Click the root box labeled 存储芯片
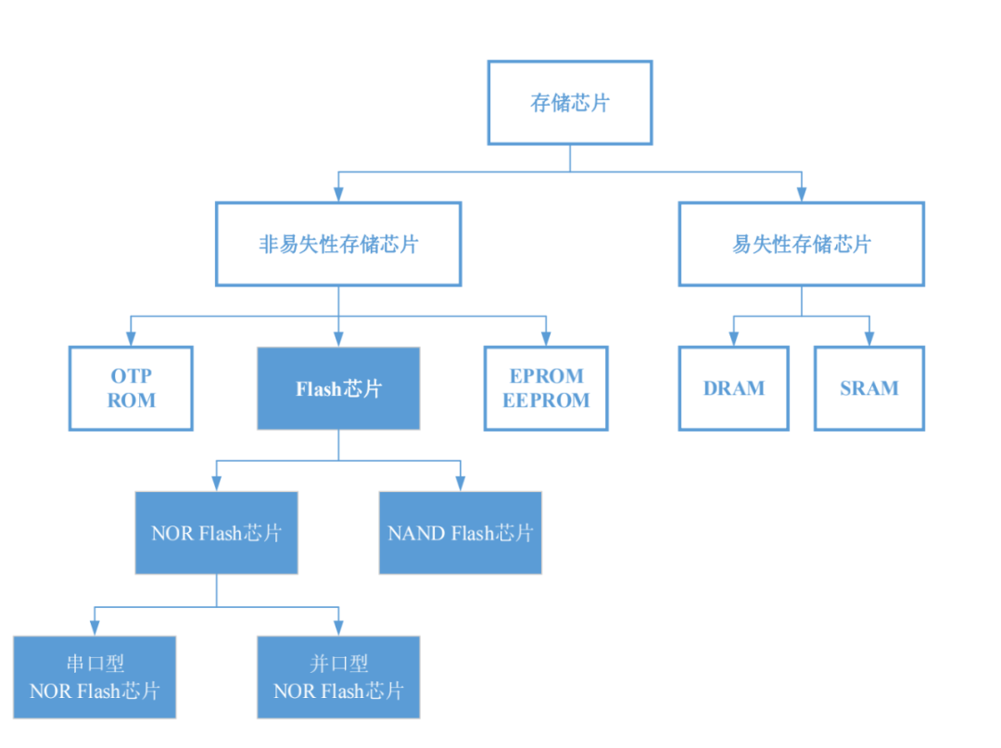[x=569, y=103]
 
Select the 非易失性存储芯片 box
[x=338, y=245]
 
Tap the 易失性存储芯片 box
[x=801, y=245]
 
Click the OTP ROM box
[x=131, y=388]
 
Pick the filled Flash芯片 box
[x=338, y=388]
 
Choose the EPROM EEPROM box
[x=546, y=388]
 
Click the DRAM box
[x=733, y=388]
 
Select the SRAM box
[x=869, y=388]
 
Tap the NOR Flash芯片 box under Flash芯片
[x=217, y=533]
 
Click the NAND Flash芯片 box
[x=461, y=533]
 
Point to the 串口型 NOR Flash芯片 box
[x=95, y=678]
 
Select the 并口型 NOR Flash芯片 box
[x=338, y=678]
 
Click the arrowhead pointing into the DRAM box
[x=733, y=337]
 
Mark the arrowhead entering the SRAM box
[x=869, y=337]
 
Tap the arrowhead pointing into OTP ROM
[x=131, y=337]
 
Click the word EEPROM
[x=546, y=401]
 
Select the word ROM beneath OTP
[x=131, y=401]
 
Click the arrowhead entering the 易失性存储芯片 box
[x=801, y=193]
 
